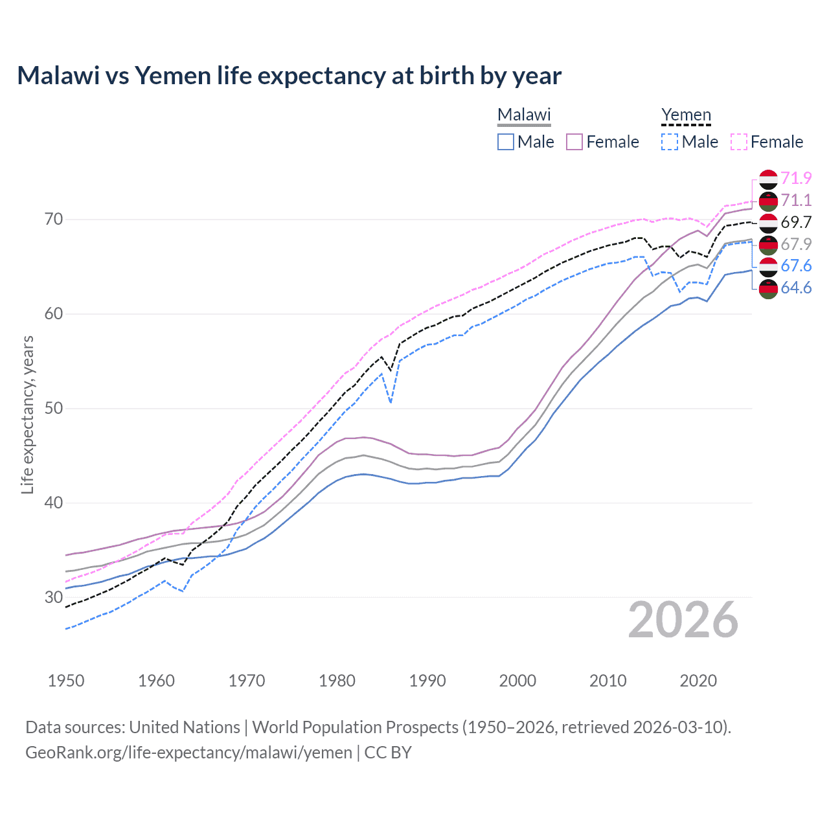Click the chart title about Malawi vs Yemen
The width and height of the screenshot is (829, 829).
click(x=289, y=76)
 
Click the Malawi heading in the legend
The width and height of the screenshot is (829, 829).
click(x=524, y=115)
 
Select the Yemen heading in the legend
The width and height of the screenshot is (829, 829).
click(x=686, y=115)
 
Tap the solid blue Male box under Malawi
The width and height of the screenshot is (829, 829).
click(x=506, y=142)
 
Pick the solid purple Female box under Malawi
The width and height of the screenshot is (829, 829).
click(x=574, y=142)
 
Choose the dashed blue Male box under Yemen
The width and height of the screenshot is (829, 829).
click(x=670, y=142)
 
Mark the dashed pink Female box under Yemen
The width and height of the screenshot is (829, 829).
click(x=739, y=142)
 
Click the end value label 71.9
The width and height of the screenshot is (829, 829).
click(x=796, y=178)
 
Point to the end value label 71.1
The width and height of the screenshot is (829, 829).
click(x=796, y=200)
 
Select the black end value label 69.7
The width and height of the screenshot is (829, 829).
click(x=796, y=222)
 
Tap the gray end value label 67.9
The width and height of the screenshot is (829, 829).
click(x=796, y=244)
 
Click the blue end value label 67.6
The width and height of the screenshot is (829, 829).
click(x=796, y=266)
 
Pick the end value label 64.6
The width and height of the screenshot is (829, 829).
click(x=796, y=288)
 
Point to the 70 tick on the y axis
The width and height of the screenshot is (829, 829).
click(x=54, y=220)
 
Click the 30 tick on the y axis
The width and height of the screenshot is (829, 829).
click(x=54, y=597)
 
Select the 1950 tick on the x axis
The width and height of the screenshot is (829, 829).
click(x=66, y=681)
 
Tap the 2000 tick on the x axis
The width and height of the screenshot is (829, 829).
click(x=517, y=681)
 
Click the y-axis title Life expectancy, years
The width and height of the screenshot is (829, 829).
click(x=27, y=414)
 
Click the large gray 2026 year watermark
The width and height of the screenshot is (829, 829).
click(x=683, y=620)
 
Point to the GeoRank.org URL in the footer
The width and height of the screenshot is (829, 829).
click(x=188, y=753)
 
